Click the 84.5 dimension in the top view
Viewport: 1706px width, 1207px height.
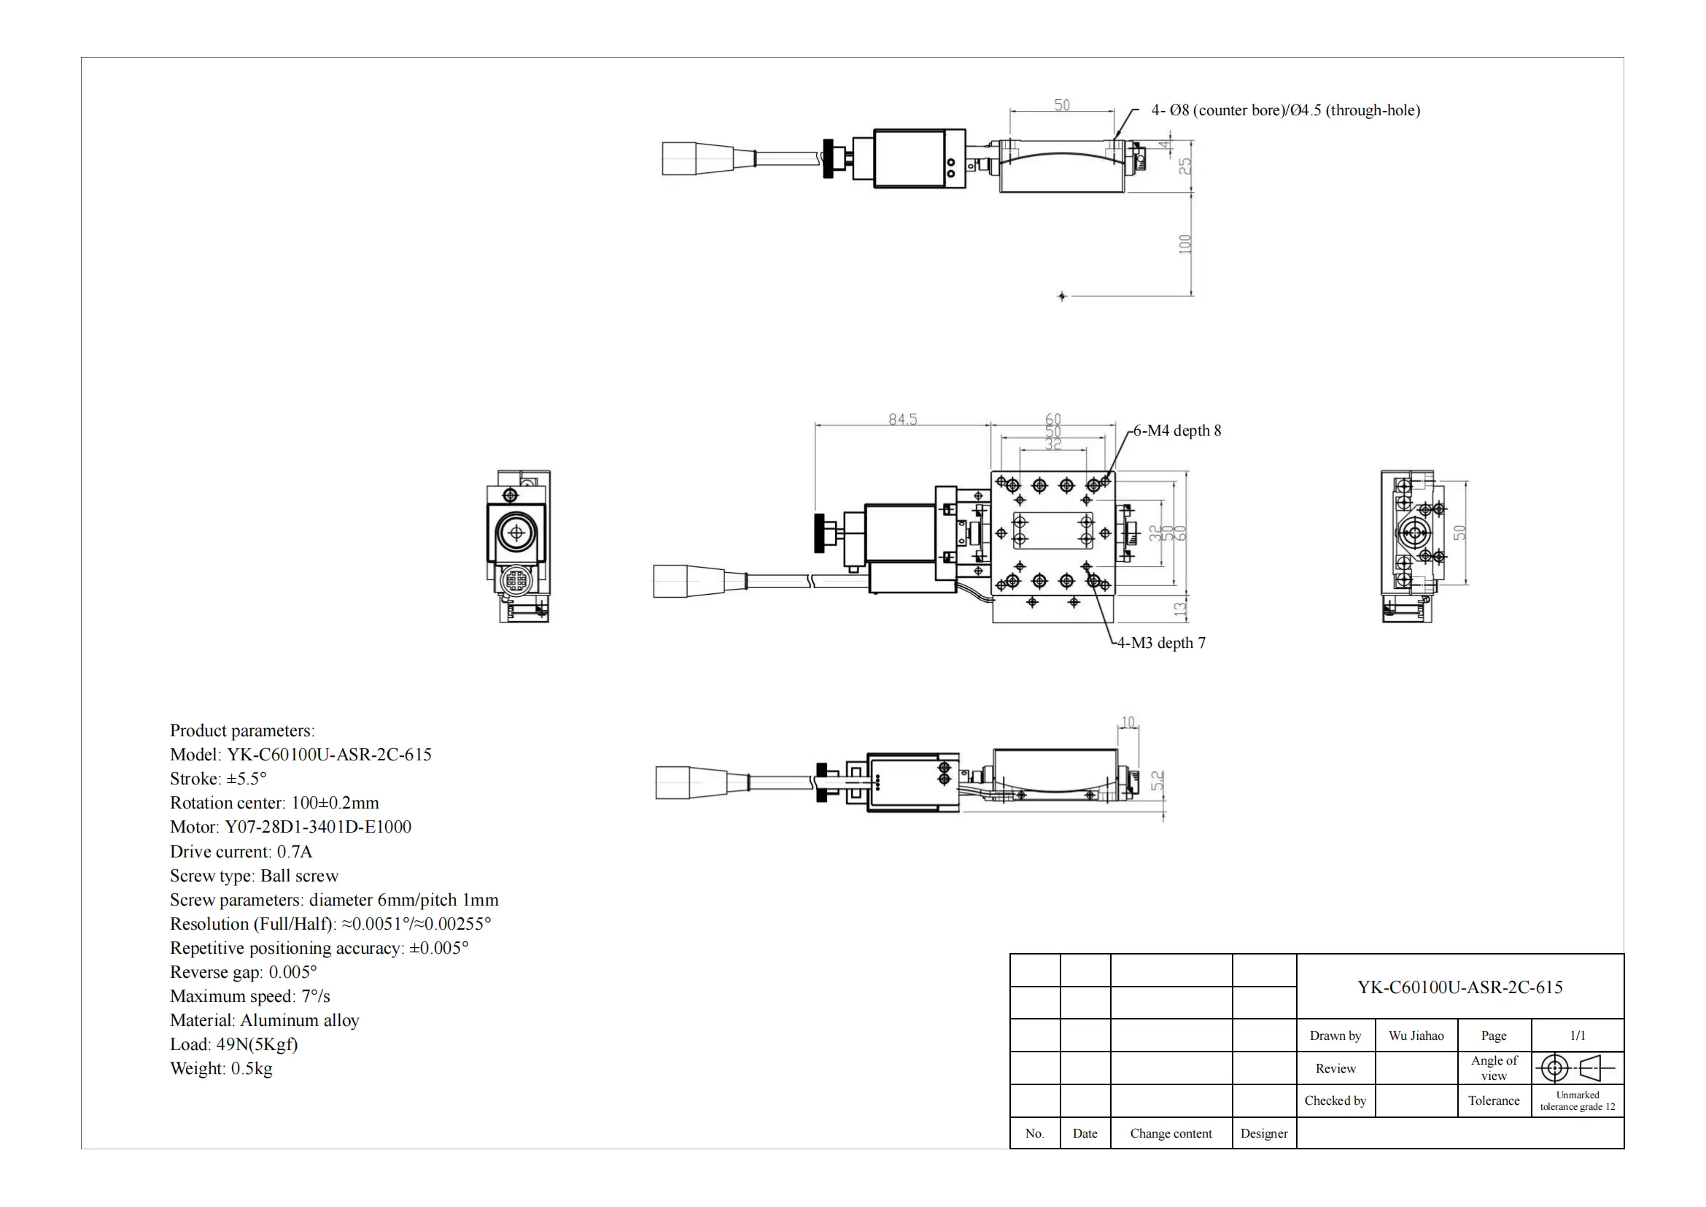[x=903, y=420]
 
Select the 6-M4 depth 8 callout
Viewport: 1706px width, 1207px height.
[x=1177, y=431]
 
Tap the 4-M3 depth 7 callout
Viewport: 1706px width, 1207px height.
[x=1161, y=644]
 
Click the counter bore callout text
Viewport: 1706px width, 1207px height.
[x=1285, y=111]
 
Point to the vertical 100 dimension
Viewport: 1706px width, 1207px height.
[x=1185, y=244]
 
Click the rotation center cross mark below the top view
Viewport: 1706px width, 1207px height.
[x=1062, y=296]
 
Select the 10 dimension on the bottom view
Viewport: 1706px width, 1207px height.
[x=1128, y=722]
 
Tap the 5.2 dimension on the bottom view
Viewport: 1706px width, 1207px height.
[x=1158, y=780]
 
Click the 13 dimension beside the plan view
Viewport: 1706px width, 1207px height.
[x=1180, y=609]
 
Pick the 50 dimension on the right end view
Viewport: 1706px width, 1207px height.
[x=1460, y=533]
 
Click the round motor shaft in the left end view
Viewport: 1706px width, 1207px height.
[x=515, y=532]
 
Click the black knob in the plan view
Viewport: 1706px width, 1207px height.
[x=821, y=533]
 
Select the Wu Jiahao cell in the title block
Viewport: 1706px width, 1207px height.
[x=1416, y=1036]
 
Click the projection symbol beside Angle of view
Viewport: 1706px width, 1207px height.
[x=1577, y=1069]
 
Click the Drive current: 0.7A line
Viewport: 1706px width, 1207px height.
[x=241, y=852]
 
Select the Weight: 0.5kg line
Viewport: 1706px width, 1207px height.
[x=221, y=1069]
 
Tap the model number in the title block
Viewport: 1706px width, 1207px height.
[x=1459, y=988]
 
